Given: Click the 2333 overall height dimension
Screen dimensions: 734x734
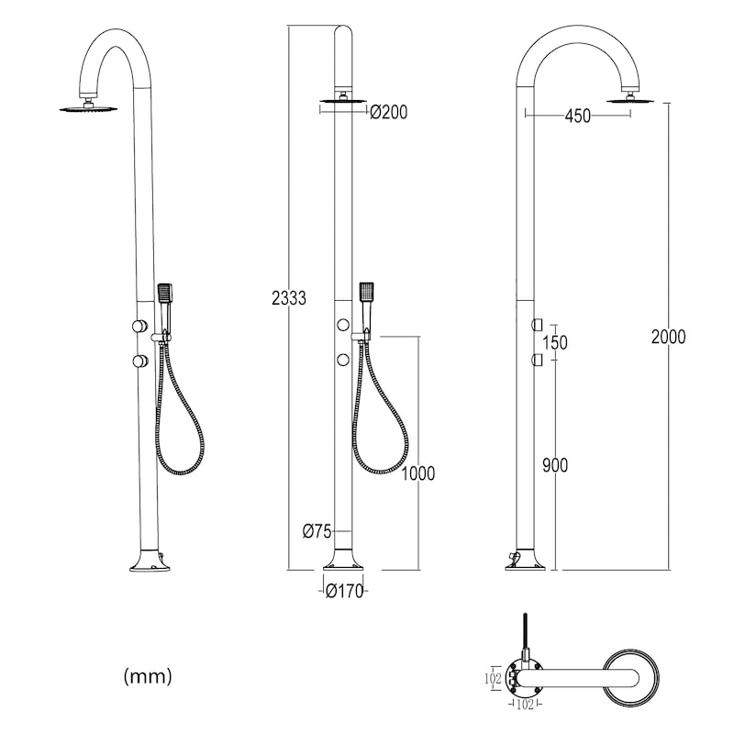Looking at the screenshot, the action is pos(289,298).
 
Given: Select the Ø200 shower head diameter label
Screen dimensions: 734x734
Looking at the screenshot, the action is pos(388,112).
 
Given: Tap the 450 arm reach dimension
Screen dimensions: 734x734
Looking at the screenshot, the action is pos(578,117).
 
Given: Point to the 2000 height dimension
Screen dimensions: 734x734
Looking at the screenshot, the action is pos(669,337).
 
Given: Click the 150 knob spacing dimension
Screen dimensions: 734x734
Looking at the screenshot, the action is pos(555,342).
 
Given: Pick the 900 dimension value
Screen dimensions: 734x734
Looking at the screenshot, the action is pos(555,465).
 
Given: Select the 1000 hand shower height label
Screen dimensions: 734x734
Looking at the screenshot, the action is pos(418,473).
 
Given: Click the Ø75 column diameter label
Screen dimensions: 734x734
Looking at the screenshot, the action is pos(317,531).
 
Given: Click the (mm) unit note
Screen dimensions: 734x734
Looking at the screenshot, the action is pos(148,676).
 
